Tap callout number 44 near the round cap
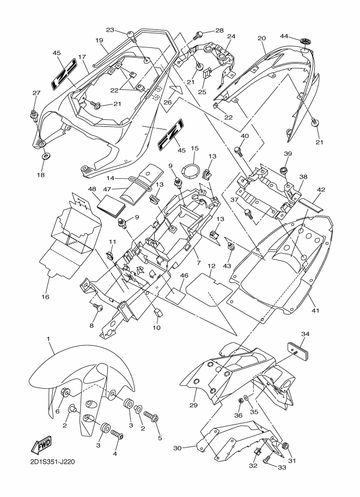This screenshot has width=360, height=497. tap(300, 36)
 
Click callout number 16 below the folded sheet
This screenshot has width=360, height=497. tap(46, 297)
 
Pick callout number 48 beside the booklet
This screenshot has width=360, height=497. tap(91, 189)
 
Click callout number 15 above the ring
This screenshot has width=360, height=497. tap(195, 148)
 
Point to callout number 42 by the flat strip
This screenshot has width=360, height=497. tap(321, 189)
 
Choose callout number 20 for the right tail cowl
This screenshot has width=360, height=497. tap(261, 38)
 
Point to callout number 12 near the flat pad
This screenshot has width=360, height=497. tap(211, 266)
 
